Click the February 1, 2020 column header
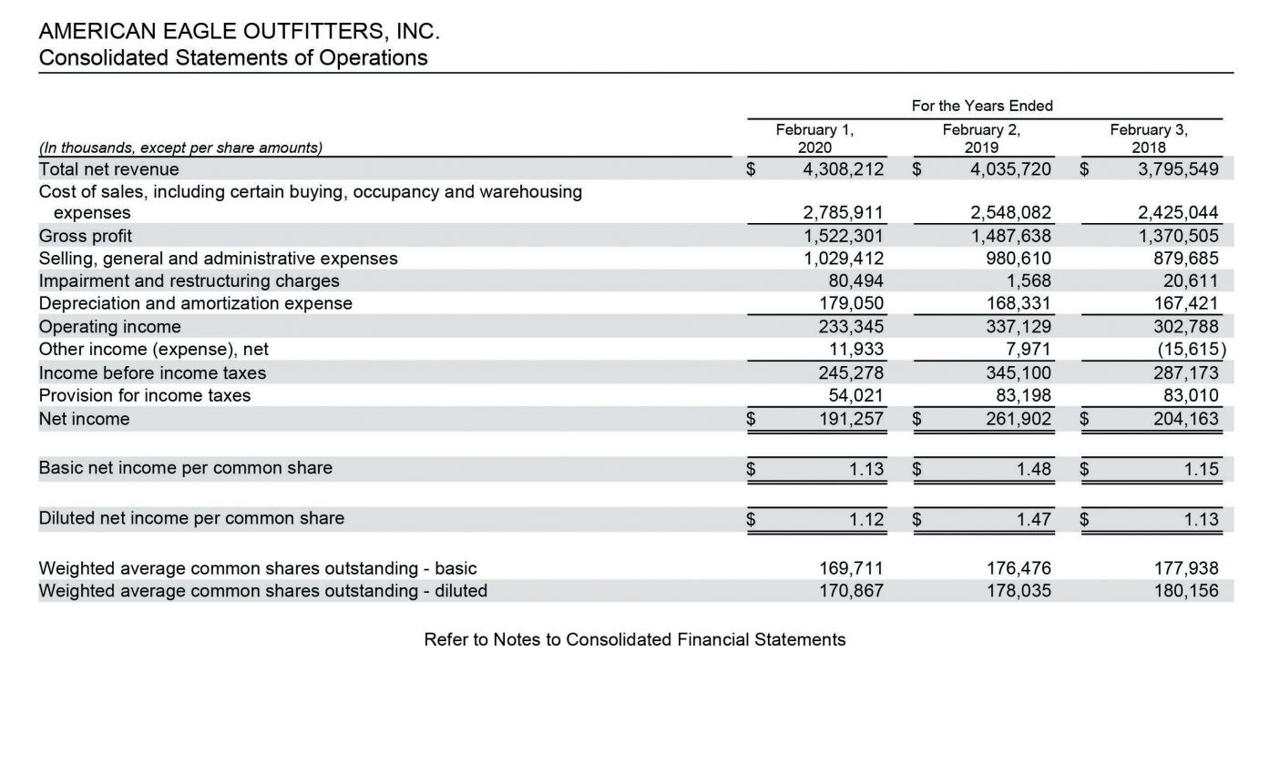click(814, 138)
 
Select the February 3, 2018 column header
click(1148, 138)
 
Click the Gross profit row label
click(86, 236)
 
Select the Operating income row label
click(110, 327)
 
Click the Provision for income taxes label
click(145, 395)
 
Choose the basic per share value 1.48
click(1033, 469)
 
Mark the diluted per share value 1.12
click(865, 519)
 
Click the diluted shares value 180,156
click(1185, 591)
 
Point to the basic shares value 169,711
click(852, 568)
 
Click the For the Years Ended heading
click(981, 106)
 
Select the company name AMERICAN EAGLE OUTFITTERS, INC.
click(239, 31)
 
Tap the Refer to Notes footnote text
click(634, 639)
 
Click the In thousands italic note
click(180, 148)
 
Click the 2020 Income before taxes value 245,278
click(852, 372)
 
